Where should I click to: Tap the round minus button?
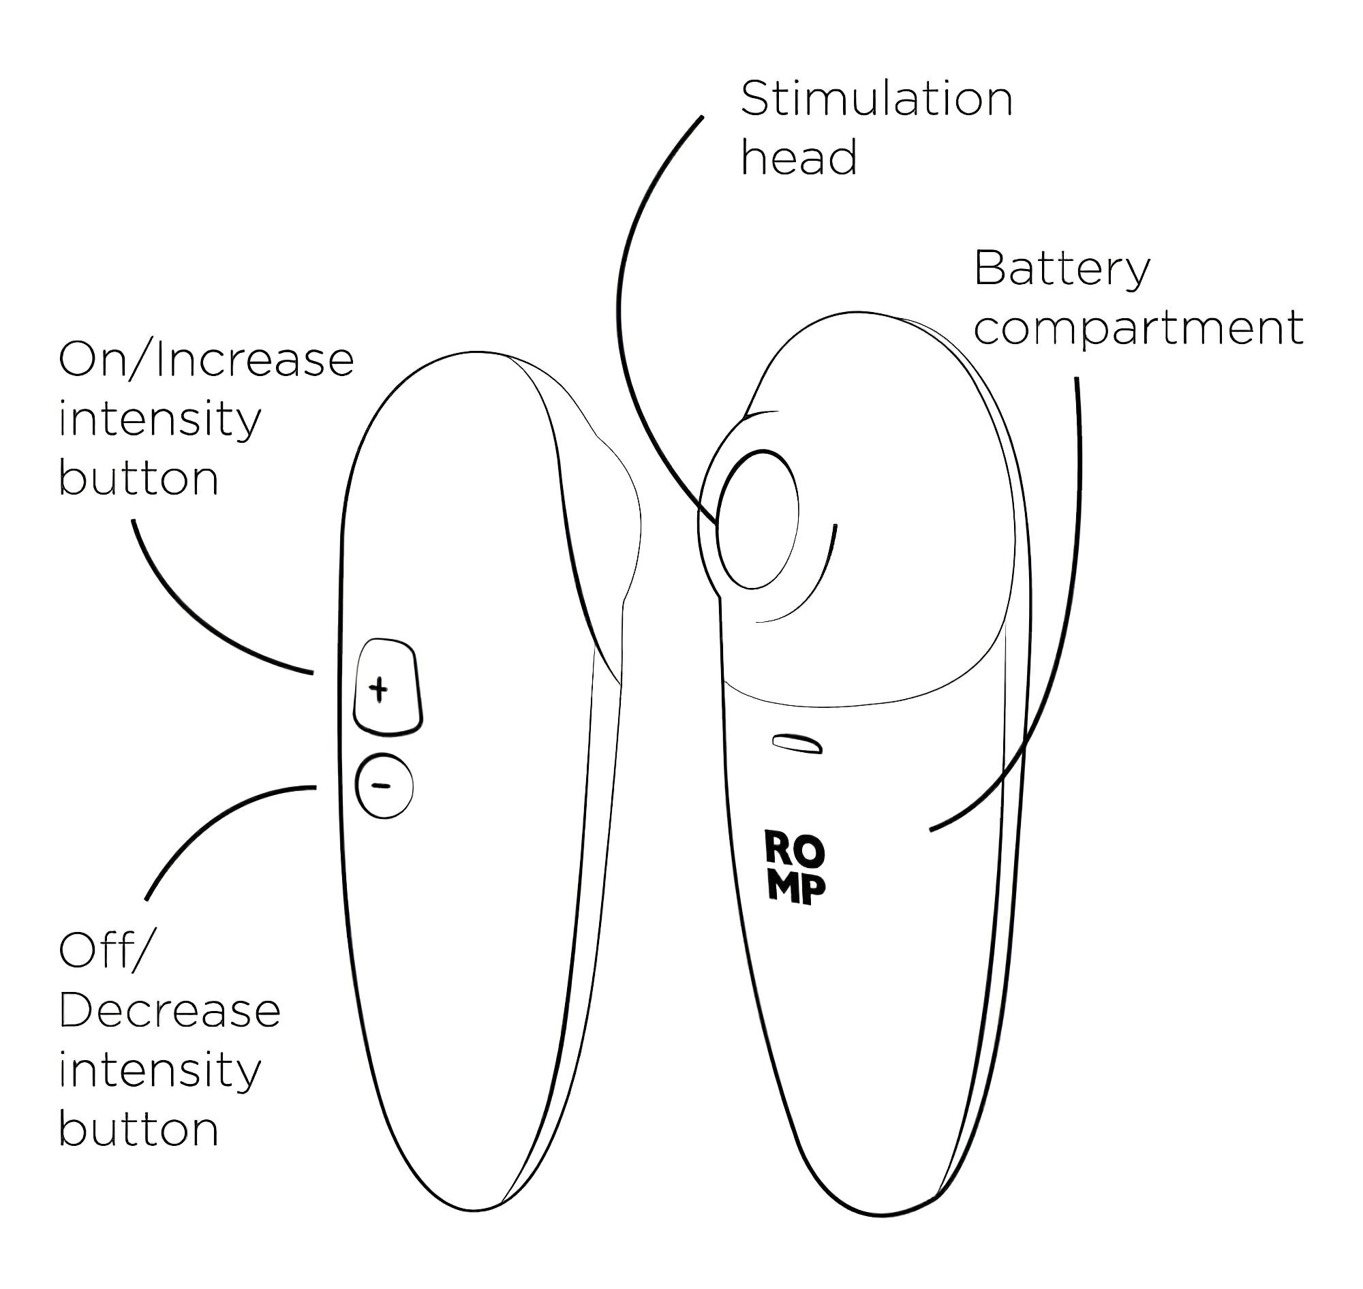pos(384,786)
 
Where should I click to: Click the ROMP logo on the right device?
pos(795,868)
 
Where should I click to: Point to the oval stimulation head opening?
pos(756,519)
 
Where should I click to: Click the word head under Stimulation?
pos(799,158)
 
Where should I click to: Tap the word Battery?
pos(1062,270)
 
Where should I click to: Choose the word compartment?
pos(1138,328)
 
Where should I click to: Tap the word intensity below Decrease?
pos(160,1070)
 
